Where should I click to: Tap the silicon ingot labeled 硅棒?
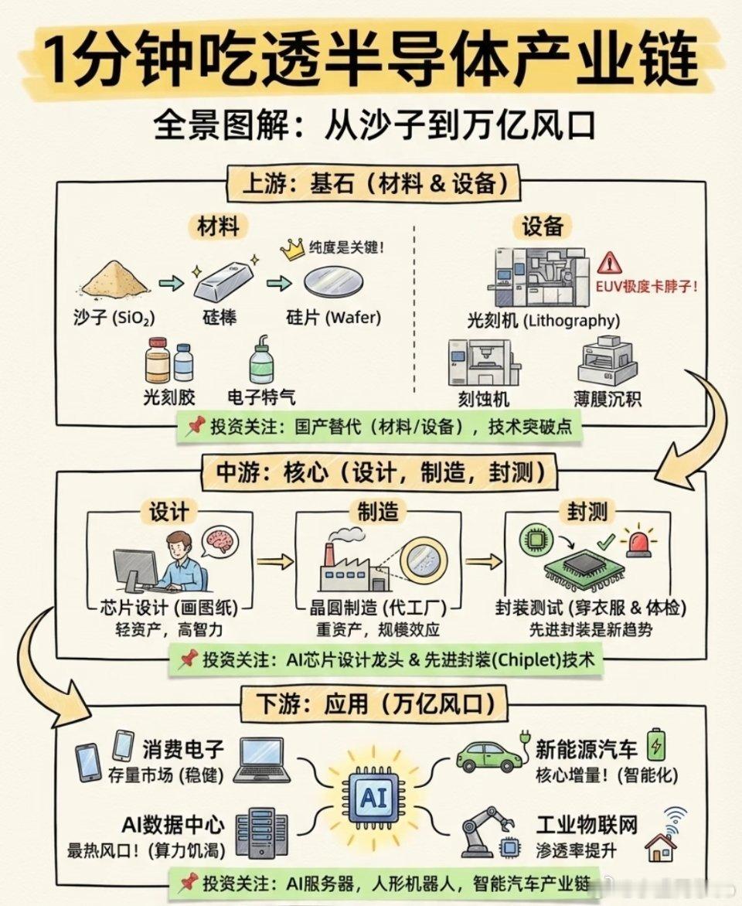coord(223,281)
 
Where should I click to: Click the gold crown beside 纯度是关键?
coord(292,249)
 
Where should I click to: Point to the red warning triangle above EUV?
coord(610,263)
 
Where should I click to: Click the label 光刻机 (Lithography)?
coord(543,320)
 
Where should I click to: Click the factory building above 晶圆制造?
coord(353,567)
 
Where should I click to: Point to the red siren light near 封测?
coord(639,540)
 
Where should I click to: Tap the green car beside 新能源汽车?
coord(491,754)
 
